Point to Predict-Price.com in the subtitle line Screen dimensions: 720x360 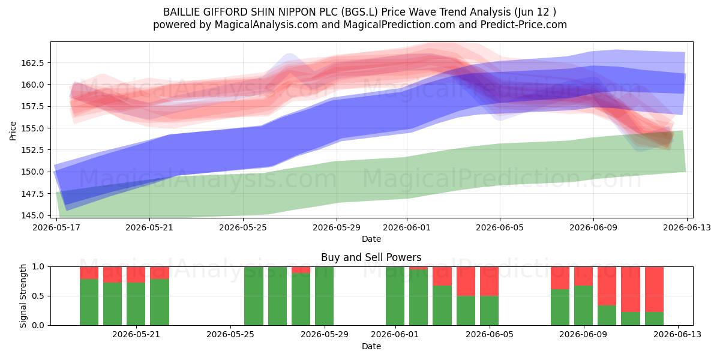point(524,25)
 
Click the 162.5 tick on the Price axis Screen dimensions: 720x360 point(32,63)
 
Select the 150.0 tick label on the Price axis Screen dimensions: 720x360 point(32,172)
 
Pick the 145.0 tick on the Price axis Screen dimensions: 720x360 point(32,215)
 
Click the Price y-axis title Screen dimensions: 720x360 point(13,131)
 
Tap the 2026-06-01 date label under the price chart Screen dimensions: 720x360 point(407,227)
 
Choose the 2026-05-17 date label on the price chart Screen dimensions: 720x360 point(56,227)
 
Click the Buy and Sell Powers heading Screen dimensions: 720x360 point(371,257)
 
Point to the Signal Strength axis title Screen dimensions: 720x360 point(23,296)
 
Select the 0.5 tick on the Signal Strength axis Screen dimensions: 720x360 point(38,296)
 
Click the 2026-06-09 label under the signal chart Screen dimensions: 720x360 point(583,335)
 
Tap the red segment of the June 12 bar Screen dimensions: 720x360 point(654,289)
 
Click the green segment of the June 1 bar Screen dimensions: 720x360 point(395,296)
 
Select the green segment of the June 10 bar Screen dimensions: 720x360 point(607,316)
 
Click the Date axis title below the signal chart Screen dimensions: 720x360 point(371,346)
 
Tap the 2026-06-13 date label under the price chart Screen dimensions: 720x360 point(687,227)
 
